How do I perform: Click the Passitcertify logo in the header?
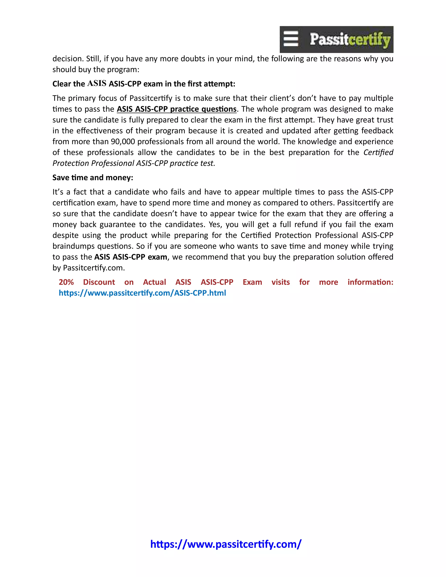click(x=336, y=39)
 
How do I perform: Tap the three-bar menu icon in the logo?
click(x=291, y=39)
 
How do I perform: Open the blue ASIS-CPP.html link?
click(x=142, y=293)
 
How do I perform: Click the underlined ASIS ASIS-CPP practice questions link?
click(x=176, y=109)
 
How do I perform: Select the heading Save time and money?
click(x=93, y=177)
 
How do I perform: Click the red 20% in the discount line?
click(x=66, y=282)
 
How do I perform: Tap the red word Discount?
click(x=99, y=282)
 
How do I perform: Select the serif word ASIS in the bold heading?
click(x=97, y=83)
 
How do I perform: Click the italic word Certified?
click(x=378, y=152)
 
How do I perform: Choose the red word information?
click(x=370, y=282)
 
